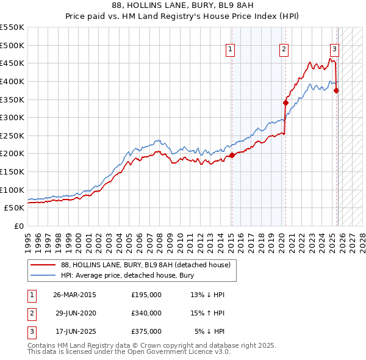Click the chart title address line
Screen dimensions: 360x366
click(183, 5)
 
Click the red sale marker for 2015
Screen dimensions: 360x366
click(232, 155)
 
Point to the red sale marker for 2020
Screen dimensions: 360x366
click(285, 103)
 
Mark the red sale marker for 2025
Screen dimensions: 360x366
click(336, 90)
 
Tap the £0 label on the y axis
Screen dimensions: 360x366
click(18, 226)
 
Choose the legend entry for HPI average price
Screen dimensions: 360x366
click(128, 275)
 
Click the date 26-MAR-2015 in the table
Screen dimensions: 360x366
click(74, 295)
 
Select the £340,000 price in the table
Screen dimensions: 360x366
click(146, 313)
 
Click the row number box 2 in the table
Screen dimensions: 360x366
click(30, 313)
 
